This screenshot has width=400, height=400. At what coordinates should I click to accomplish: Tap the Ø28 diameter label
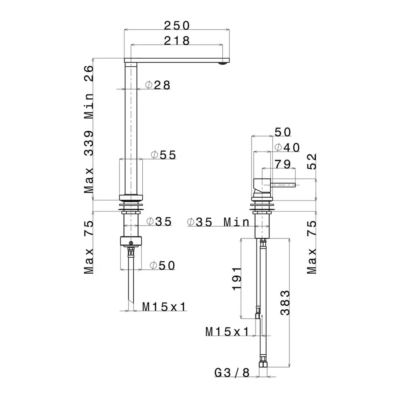(158, 85)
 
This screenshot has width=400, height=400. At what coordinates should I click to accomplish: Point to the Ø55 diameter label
(163, 155)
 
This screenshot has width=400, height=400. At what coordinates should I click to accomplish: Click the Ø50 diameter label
(162, 265)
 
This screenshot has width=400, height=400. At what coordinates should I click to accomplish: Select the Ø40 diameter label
(287, 147)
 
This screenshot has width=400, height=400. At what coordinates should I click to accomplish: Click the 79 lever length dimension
(283, 164)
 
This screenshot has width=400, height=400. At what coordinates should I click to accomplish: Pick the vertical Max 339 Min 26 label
(89, 129)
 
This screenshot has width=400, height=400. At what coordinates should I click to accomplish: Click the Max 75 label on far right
(312, 247)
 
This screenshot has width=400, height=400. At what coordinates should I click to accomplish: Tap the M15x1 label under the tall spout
(164, 306)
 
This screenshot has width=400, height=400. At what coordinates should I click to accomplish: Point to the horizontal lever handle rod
(284, 184)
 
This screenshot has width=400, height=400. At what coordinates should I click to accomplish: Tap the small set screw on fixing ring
(131, 242)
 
